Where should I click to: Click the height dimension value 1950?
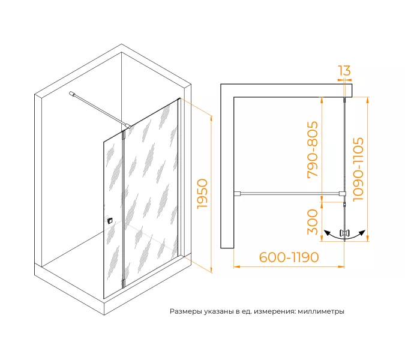pos(202,194)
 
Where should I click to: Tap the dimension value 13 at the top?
pos(344,71)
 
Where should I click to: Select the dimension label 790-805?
pos(312,149)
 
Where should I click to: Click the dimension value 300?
pos(312,222)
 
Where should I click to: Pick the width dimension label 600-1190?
pos(289,257)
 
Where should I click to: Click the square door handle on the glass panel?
pos(110,221)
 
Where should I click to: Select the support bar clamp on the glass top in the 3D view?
pos(128,127)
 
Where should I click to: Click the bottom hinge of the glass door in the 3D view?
pos(123,282)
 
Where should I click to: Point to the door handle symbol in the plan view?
pos(345,232)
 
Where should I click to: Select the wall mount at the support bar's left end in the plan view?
pos(238,193)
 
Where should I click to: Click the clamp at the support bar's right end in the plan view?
pos(342,193)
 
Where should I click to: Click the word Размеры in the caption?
pos(185,312)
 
